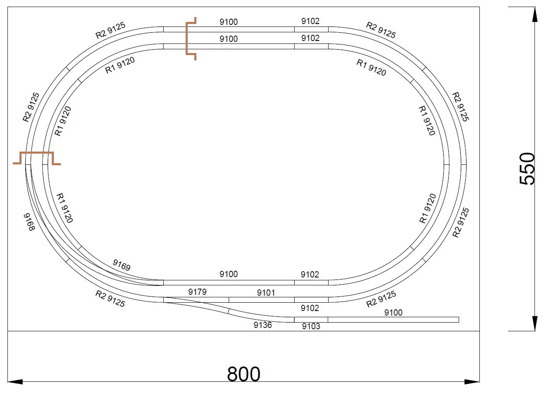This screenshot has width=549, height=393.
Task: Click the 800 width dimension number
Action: (243, 374)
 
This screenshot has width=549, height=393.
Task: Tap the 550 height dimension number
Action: (527, 169)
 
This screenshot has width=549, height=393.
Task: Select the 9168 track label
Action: (29, 222)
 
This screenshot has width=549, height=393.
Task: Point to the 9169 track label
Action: (121, 265)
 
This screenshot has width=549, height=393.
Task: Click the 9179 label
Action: (197, 292)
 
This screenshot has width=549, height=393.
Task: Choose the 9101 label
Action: (266, 292)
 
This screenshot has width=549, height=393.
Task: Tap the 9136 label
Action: (263, 325)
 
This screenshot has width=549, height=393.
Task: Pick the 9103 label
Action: (311, 326)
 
